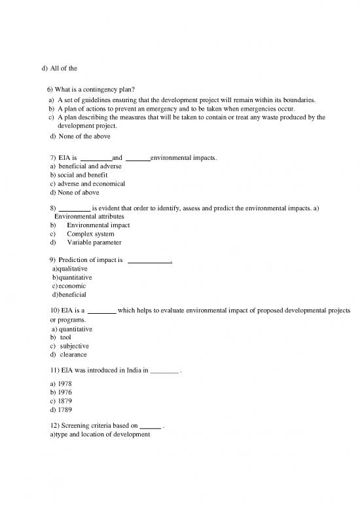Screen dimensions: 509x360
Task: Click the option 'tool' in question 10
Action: [65, 337]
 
